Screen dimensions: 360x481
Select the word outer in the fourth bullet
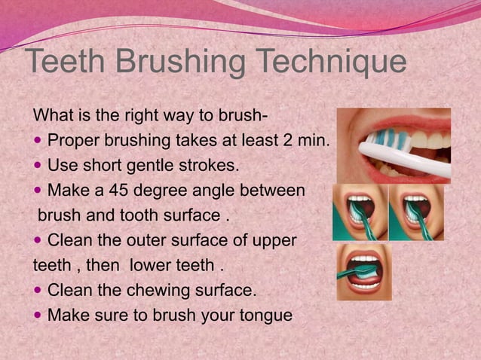[x=147, y=241]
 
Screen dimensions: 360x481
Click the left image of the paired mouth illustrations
[x=360, y=212]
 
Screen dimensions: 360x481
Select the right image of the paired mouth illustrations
[x=416, y=212]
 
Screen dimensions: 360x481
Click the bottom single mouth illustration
[x=364, y=271]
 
